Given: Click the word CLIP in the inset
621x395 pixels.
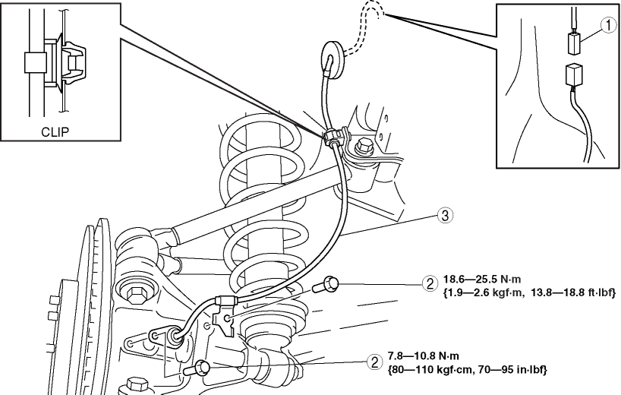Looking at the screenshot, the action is point(55,131).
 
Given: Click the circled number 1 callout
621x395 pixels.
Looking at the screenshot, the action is point(608,26).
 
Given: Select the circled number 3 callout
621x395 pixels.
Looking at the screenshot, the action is point(445,216).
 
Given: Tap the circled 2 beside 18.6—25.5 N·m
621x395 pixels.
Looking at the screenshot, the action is point(430,284).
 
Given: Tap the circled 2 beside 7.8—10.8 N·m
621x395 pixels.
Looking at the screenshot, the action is point(374,362).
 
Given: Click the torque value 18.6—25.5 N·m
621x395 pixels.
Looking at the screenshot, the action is point(482,280).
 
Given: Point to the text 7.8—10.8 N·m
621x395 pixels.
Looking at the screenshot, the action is point(424,356).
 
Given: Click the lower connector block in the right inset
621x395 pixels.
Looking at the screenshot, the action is point(573,76).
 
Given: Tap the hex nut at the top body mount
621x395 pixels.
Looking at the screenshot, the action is point(363,147).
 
